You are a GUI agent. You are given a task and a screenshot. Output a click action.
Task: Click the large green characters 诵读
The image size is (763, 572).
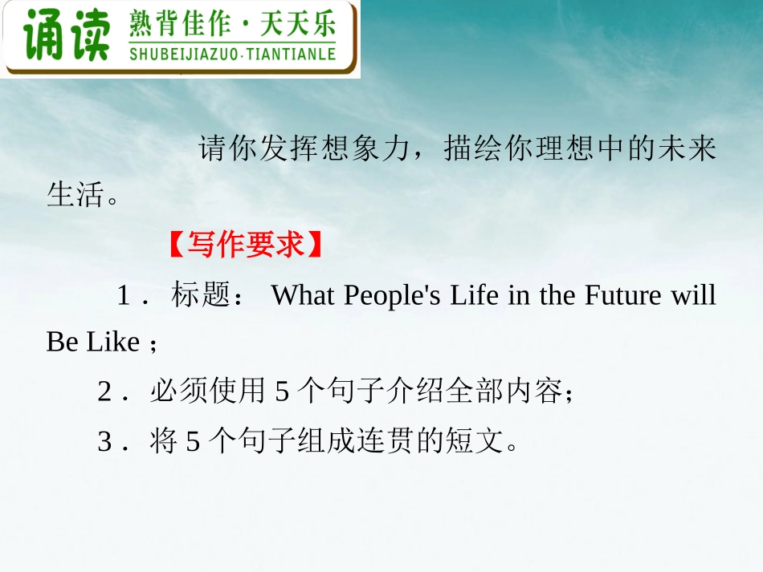tap(66, 36)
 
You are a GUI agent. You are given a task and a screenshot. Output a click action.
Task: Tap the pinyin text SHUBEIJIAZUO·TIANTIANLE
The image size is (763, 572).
tap(232, 55)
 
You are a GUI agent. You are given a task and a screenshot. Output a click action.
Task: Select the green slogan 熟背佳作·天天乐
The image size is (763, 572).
tap(232, 26)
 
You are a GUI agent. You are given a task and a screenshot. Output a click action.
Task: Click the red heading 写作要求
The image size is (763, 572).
tap(246, 245)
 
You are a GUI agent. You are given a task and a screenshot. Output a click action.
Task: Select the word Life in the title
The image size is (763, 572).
tap(475, 296)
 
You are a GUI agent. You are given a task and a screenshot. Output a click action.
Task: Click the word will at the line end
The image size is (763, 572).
tap(696, 296)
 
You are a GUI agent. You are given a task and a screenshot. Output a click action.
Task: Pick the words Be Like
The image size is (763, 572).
tap(92, 343)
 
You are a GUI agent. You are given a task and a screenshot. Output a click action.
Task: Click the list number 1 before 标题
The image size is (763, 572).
tap(124, 297)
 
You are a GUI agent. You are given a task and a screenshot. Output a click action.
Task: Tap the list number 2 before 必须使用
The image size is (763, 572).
tap(104, 392)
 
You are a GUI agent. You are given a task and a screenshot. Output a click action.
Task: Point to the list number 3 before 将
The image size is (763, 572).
tap(104, 441)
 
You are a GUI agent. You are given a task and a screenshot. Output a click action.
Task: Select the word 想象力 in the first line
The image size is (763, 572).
tap(366, 149)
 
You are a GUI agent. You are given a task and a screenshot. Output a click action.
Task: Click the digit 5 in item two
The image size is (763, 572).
tap(281, 392)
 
